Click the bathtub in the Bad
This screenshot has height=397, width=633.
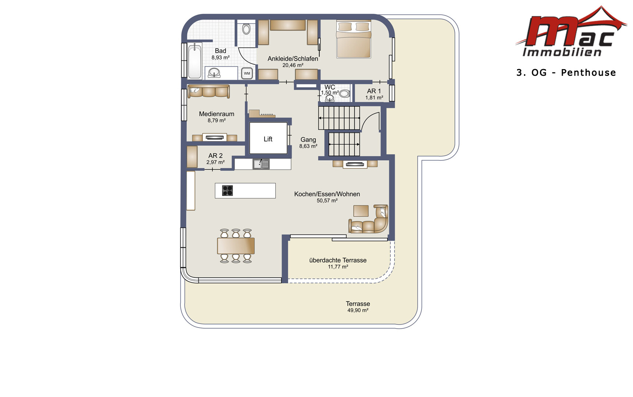(195, 61)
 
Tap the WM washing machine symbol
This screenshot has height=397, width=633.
(247, 73)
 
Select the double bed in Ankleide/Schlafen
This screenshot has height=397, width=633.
(353, 39)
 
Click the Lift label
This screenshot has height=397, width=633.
(268, 139)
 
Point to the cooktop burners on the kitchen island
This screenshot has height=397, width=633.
(227, 190)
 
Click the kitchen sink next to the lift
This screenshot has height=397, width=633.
(261, 164)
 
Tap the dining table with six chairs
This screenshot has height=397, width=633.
(236, 246)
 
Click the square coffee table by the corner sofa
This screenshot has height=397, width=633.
(361, 211)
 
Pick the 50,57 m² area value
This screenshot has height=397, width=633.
(327, 201)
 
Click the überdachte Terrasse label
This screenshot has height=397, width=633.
(338, 260)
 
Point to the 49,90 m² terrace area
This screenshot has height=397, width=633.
(358, 310)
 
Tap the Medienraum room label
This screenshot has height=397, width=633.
(216, 114)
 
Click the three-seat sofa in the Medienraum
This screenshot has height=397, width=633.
(208, 91)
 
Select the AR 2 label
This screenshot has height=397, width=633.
(215, 155)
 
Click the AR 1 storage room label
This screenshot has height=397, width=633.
(374, 91)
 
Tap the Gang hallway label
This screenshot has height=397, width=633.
(308, 140)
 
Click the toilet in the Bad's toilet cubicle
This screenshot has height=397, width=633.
(247, 29)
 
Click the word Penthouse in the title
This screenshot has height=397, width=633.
(588, 72)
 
